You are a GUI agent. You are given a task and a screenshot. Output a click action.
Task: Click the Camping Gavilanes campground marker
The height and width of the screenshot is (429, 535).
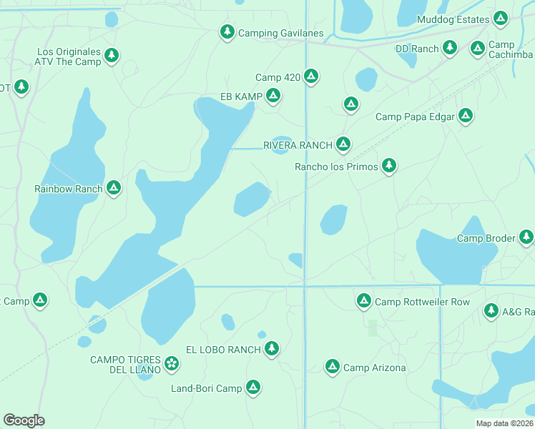(227, 32)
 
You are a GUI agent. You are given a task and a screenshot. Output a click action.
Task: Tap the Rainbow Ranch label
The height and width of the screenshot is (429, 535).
(69, 189)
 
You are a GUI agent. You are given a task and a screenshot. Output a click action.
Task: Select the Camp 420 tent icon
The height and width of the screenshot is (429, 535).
(310, 76)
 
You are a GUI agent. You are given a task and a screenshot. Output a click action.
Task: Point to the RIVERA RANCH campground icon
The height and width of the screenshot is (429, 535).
(343, 144)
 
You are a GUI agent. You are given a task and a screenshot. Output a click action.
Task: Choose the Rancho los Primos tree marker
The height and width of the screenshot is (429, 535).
(388, 166)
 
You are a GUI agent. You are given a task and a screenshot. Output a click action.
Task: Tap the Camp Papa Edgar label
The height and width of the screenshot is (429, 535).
(416, 117)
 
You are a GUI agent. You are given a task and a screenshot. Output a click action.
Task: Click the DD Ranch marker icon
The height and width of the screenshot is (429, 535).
(449, 48)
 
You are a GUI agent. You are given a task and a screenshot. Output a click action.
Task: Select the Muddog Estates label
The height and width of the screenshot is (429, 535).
(453, 19)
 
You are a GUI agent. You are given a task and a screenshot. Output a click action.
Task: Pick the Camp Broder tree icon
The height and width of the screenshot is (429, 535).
(526, 236)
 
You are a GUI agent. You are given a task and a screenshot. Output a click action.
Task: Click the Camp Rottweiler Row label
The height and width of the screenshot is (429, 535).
(422, 302)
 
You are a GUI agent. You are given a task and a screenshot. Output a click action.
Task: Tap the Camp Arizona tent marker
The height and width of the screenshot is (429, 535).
(332, 367)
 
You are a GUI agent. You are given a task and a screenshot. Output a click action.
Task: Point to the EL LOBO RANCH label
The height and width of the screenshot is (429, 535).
(222, 349)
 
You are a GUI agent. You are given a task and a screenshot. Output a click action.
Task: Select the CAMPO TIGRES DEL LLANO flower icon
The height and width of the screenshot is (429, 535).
(172, 363)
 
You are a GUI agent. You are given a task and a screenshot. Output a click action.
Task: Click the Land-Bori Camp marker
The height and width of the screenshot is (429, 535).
(252, 388)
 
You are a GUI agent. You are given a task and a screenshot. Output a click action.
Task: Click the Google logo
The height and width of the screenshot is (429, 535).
(24, 420)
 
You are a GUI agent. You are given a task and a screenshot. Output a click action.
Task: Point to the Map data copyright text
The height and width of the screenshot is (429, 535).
(505, 423)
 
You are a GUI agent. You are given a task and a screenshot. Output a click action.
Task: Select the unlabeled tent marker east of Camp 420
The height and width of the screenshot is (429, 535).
(350, 104)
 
